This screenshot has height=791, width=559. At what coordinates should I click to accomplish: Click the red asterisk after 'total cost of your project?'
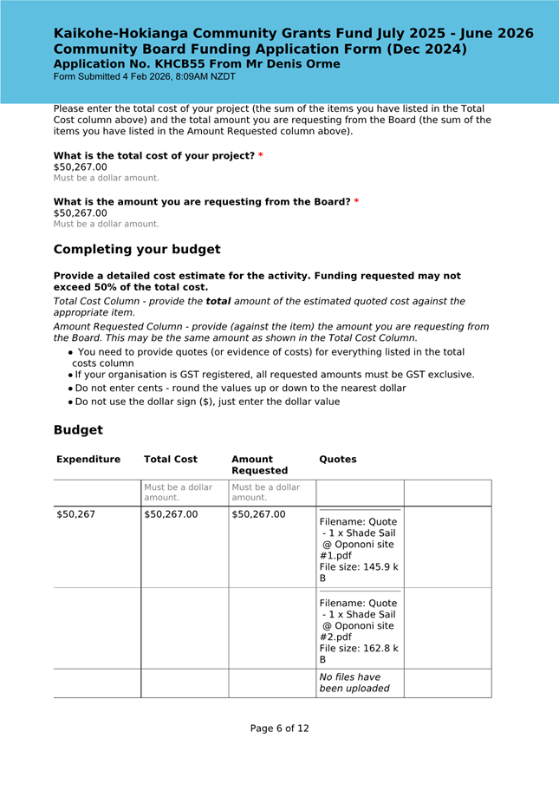point(261,156)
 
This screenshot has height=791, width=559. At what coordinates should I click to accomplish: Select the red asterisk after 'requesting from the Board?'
point(356,202)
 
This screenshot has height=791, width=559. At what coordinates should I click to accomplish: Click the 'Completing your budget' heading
point(137,250)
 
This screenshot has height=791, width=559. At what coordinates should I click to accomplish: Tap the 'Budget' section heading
point(78,430)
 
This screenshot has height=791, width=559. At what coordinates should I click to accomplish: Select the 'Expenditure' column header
point(88,460)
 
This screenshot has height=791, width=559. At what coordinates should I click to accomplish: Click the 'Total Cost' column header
point(171,460)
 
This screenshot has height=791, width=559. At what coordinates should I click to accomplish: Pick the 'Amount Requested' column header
point(259,465)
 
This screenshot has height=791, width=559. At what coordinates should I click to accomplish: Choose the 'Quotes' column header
point(338,460)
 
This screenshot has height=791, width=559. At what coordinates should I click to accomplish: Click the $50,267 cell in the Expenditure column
point(76,514)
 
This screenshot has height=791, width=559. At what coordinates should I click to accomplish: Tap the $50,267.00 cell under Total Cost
point(171,514)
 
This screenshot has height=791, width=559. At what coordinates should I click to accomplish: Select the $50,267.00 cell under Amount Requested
point(258,514)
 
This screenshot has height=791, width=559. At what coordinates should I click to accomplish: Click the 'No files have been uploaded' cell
point(349,683)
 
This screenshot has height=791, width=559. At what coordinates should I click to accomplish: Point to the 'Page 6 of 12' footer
point(279,729)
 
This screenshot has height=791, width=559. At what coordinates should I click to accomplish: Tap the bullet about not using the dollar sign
point(207,402)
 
